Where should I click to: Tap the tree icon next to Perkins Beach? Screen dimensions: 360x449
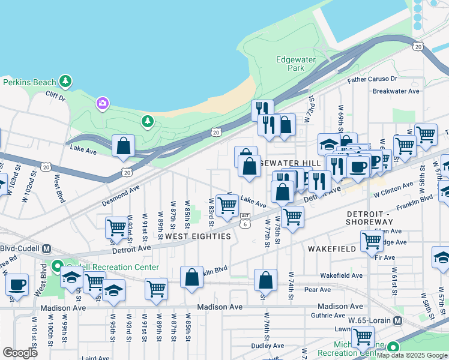65,81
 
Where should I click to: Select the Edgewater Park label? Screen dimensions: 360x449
291,64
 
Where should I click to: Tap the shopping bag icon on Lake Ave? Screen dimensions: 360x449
123,146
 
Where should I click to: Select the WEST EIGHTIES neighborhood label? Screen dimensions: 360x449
198,236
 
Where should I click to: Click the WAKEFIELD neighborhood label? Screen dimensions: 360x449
328,248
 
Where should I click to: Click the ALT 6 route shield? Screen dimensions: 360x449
245,220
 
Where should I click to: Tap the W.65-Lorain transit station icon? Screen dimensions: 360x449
397,321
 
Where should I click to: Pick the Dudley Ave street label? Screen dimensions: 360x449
267,346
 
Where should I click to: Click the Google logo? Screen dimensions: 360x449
20,353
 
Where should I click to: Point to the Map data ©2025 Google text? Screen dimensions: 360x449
412,355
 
